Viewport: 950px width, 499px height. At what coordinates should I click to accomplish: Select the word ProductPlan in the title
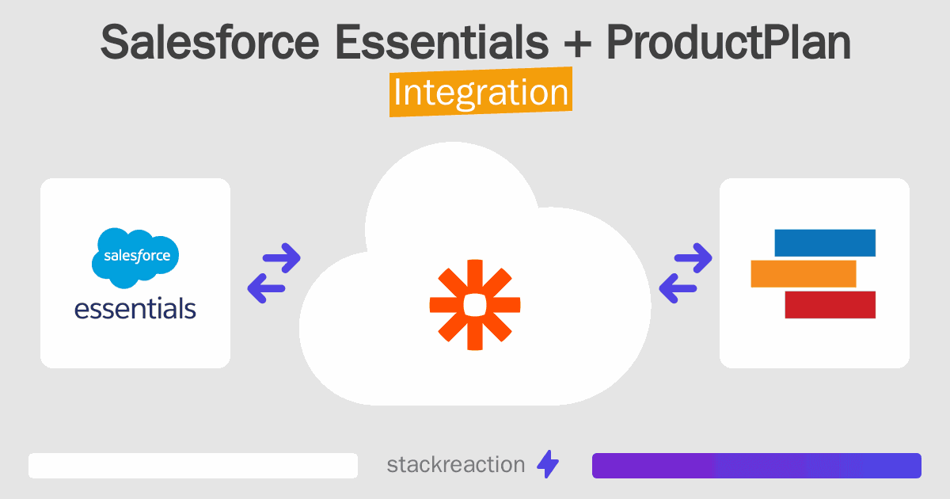728,44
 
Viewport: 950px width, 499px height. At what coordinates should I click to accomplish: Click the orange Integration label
481,93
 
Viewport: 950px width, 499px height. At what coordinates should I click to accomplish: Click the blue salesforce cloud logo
135,257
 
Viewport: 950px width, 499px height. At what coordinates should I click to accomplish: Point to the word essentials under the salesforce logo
135,307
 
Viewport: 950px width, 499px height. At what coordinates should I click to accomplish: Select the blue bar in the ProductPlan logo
824,243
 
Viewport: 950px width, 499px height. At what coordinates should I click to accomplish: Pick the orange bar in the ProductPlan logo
803,273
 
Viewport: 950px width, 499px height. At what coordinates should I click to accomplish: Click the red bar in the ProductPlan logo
830,304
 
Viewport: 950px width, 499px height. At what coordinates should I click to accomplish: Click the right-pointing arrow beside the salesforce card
280,257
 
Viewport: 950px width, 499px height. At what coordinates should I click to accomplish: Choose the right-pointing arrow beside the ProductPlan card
691,257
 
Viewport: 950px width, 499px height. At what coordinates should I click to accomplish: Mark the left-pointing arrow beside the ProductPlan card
677,288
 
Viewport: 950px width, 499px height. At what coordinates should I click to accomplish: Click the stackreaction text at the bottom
456,465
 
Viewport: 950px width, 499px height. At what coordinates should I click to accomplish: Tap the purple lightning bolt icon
548,465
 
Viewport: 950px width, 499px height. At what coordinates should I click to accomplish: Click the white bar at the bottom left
193,466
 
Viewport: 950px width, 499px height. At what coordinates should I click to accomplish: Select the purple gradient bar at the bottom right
756,466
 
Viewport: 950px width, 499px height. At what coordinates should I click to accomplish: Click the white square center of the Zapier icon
475,304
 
